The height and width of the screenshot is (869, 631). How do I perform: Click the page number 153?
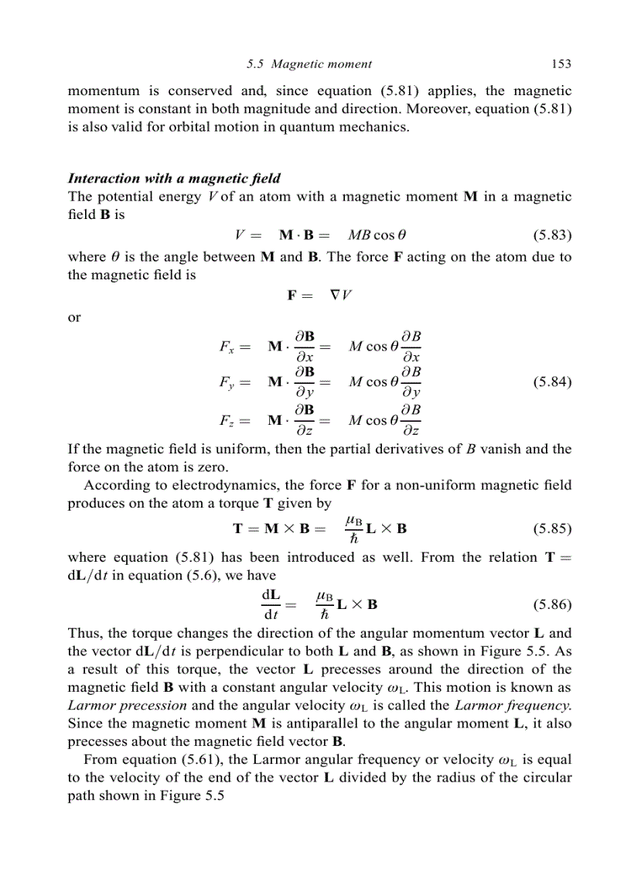coord(561,64)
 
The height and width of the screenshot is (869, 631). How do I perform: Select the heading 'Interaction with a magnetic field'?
coord(175,179)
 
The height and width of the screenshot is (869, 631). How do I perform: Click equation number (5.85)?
coord(552,529)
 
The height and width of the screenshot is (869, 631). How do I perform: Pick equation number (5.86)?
coord(552,604)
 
